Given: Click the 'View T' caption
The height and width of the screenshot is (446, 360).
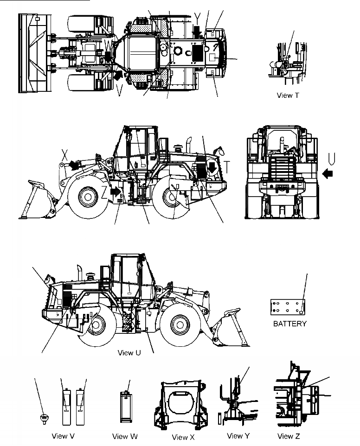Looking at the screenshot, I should point(287,96).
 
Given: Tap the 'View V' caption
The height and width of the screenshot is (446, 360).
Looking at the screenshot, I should point(64,436).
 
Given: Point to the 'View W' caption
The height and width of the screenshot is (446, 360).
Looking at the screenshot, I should point(124,436).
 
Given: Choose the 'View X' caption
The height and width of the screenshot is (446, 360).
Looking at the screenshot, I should point(183,437).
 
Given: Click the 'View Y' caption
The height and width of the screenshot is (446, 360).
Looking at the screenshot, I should point(238,436).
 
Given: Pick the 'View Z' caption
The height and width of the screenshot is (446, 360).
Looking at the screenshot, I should point(289,436).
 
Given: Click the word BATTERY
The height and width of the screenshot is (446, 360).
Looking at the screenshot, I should point(289,324).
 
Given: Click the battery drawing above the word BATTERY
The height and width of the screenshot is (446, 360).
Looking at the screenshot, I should point(289,307).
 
